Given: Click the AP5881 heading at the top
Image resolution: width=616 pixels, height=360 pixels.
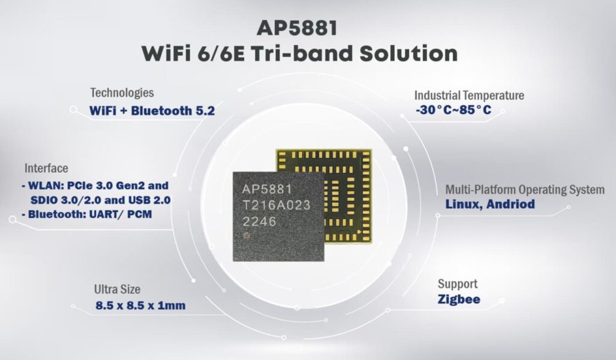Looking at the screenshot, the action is pos(298,28).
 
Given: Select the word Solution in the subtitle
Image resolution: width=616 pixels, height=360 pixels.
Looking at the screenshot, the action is pos(409,53).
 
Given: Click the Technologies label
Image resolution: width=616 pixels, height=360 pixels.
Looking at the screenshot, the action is pos(122,93).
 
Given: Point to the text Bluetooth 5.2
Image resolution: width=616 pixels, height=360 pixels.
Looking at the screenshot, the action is pos(173,110).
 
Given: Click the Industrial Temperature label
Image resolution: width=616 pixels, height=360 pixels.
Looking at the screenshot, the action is pos(469,96).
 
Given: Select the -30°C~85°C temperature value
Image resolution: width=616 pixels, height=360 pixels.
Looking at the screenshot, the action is pos(453,110).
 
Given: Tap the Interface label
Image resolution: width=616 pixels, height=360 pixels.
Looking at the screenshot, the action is pos(46,168).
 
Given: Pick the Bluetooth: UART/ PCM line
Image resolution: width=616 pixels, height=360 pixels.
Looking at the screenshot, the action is pos(87,214).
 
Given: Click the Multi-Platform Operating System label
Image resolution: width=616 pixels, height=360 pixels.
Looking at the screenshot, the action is pos(525,190).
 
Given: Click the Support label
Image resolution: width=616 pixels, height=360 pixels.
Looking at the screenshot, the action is pos(458,284).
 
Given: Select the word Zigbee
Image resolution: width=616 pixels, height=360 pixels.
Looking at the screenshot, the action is pos(459,299).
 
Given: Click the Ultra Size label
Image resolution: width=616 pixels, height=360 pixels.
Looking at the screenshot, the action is pos(117,289).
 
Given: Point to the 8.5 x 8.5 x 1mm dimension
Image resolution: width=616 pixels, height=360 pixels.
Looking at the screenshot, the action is pos(140,306).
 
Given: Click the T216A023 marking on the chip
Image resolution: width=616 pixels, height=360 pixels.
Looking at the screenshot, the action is pos(277,205).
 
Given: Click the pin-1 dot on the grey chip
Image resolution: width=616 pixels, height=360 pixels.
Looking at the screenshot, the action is pos(247,236).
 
